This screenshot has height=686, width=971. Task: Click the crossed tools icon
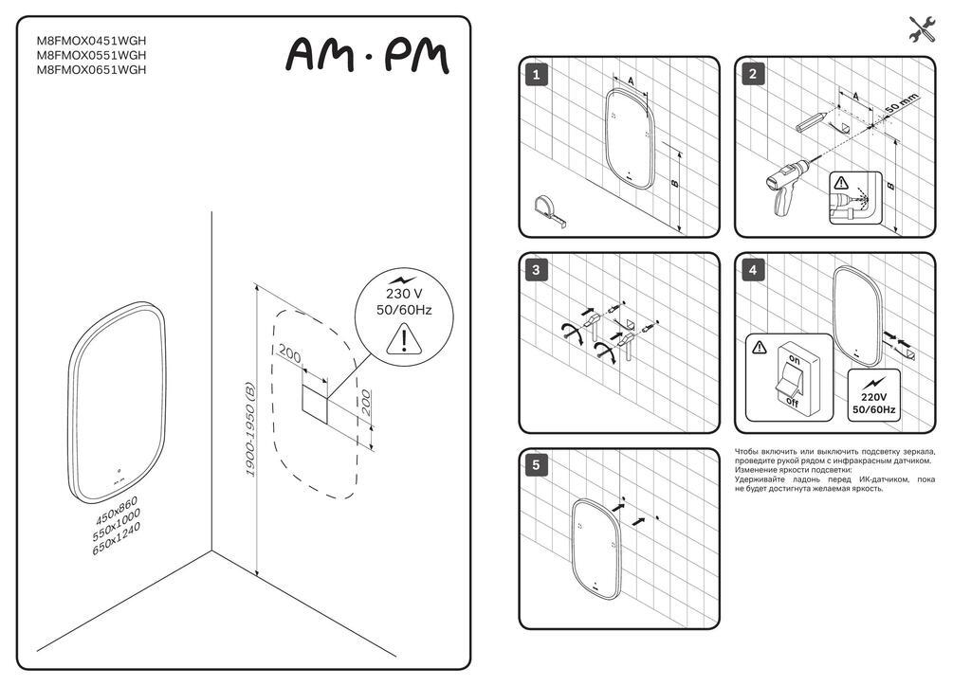coord(923,29)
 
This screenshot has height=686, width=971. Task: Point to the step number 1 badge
coord(536,75)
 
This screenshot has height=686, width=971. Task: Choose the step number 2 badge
coord(752,75)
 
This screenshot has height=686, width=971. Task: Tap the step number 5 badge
coord(536,465)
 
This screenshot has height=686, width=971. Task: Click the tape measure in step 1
coord(550,209)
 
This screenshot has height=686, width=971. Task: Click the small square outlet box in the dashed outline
coord(314,404)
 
